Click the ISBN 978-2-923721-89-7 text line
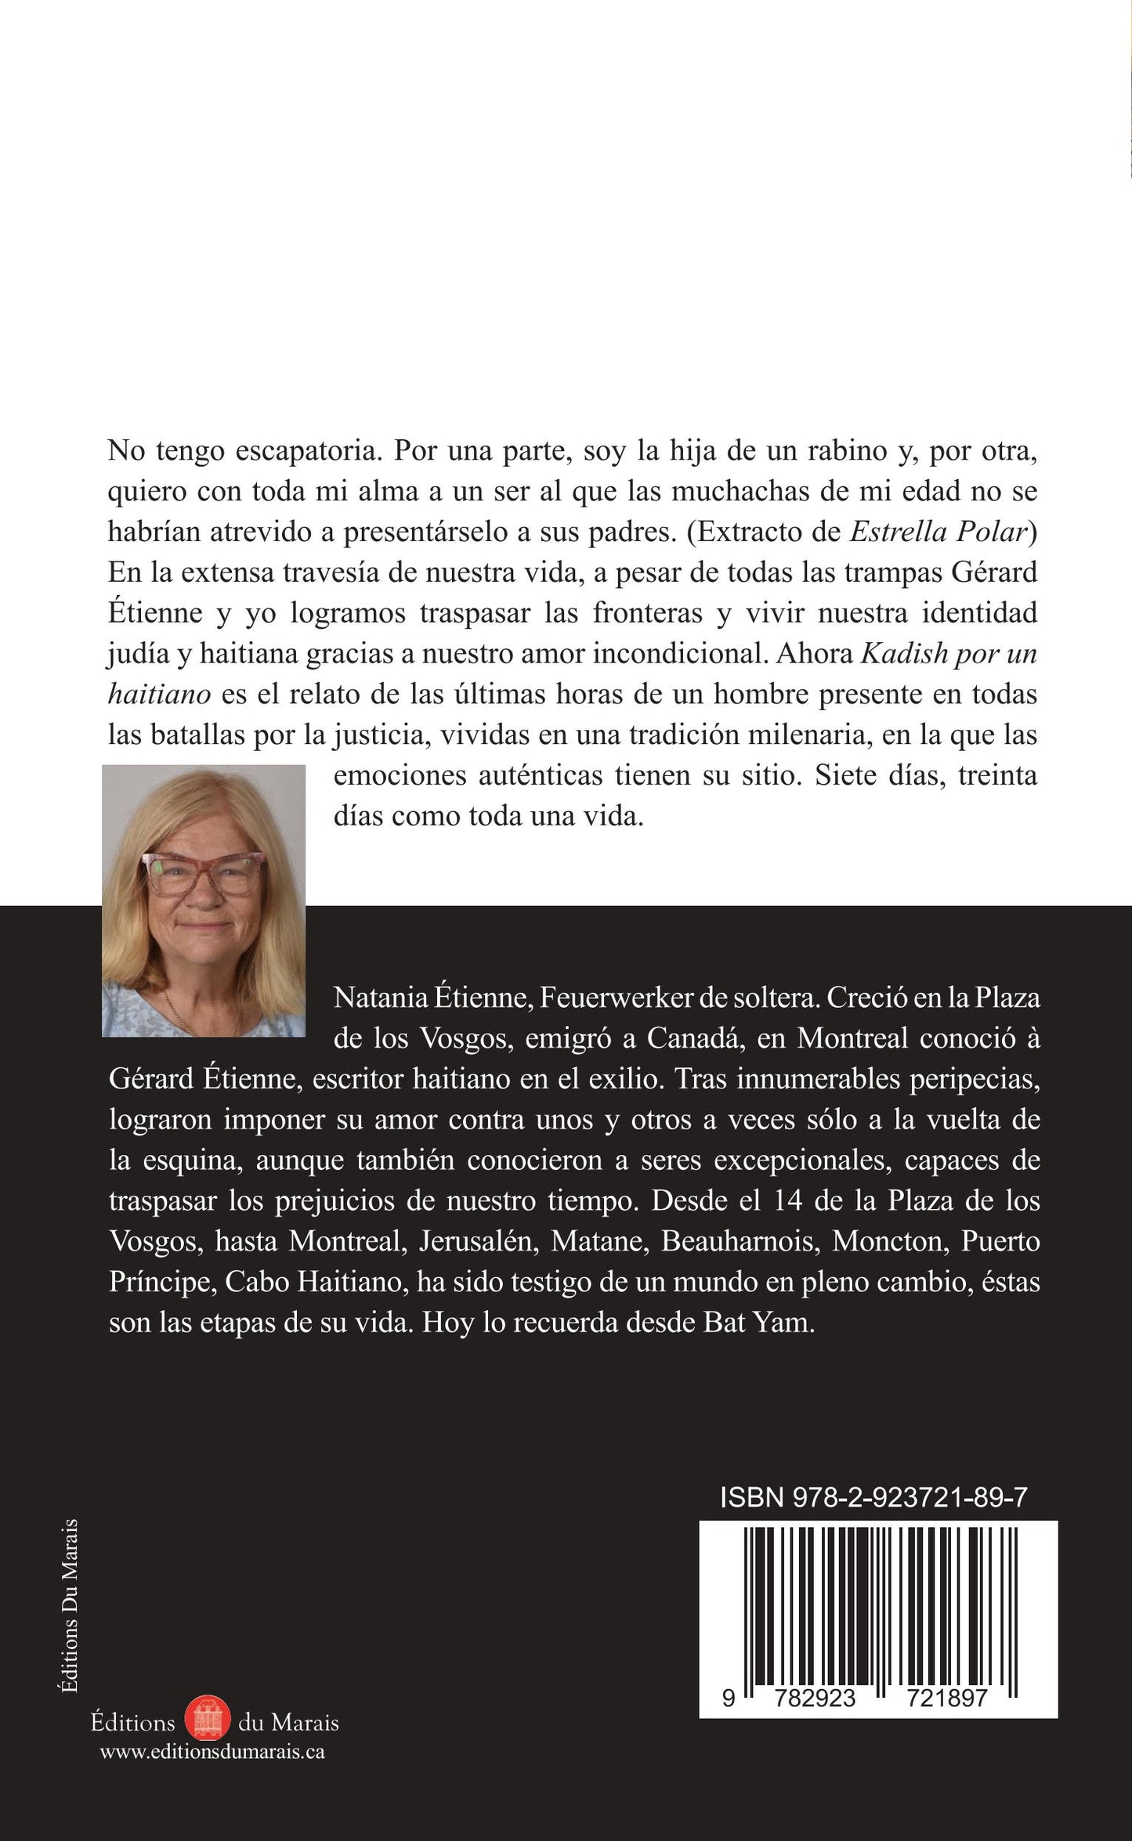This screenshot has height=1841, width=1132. tap(873, 1498)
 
